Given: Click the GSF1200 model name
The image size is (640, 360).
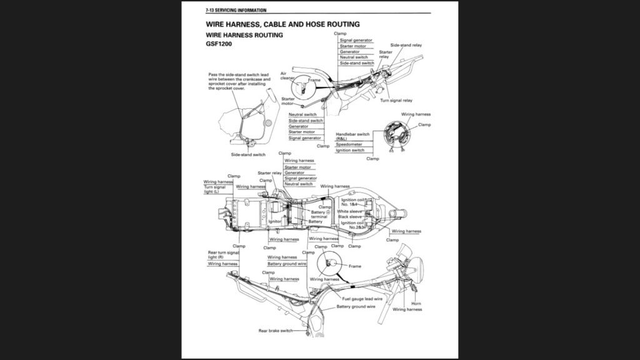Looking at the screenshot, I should coord(220,45).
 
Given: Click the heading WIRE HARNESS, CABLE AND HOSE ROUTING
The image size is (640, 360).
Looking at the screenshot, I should coord(282,24).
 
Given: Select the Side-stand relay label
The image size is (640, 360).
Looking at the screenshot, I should coord(406,46).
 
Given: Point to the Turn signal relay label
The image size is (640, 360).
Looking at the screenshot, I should coord(396,100).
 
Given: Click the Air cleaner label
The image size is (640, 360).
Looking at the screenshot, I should coord(287,76).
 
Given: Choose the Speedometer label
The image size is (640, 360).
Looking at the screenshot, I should coord(349,144).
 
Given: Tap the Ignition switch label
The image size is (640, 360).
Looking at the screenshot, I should coord(350,150).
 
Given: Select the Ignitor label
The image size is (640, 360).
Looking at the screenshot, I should coord(275,221).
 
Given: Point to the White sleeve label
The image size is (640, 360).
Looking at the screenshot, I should coord(350,211).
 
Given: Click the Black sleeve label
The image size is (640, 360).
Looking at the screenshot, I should coord(350,217).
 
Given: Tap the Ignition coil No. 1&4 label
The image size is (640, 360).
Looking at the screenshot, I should coord(352,202).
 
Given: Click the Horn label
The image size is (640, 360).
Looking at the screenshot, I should coord(416,304).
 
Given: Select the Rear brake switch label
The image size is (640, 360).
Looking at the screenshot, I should coord(276,330).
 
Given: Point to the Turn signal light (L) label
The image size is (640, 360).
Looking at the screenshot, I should coord(215,189).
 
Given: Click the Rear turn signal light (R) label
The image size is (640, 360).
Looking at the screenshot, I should coord(222,255).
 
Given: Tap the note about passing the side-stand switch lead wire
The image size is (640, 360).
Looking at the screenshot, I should coord(239,81).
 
